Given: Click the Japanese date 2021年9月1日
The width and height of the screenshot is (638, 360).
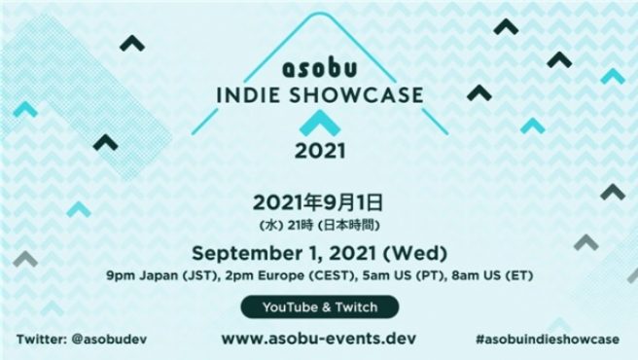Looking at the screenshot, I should [x=319, y=202].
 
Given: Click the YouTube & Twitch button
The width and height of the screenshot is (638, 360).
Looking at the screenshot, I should [x=319, y=306].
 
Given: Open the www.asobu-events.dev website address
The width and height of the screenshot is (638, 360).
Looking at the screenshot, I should [x=319, y=339].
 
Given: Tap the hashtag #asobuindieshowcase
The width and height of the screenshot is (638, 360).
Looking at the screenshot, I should [x=548, y=340].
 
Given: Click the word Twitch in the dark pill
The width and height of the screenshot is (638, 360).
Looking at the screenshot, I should [x=354, y=306].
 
